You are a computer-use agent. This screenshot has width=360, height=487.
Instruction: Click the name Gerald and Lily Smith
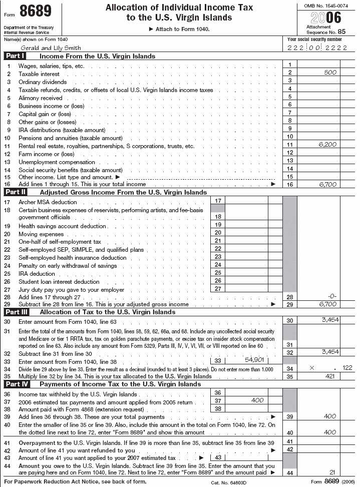(x=43, y=48)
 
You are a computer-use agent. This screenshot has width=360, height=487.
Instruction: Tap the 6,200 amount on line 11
(x=327, y=145)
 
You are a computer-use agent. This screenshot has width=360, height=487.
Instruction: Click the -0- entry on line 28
(x=330, y=296)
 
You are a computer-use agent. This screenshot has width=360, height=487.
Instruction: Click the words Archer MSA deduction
(x=48, y=202)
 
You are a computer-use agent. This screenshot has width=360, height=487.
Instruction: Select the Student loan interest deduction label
(x=59, y=282)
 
